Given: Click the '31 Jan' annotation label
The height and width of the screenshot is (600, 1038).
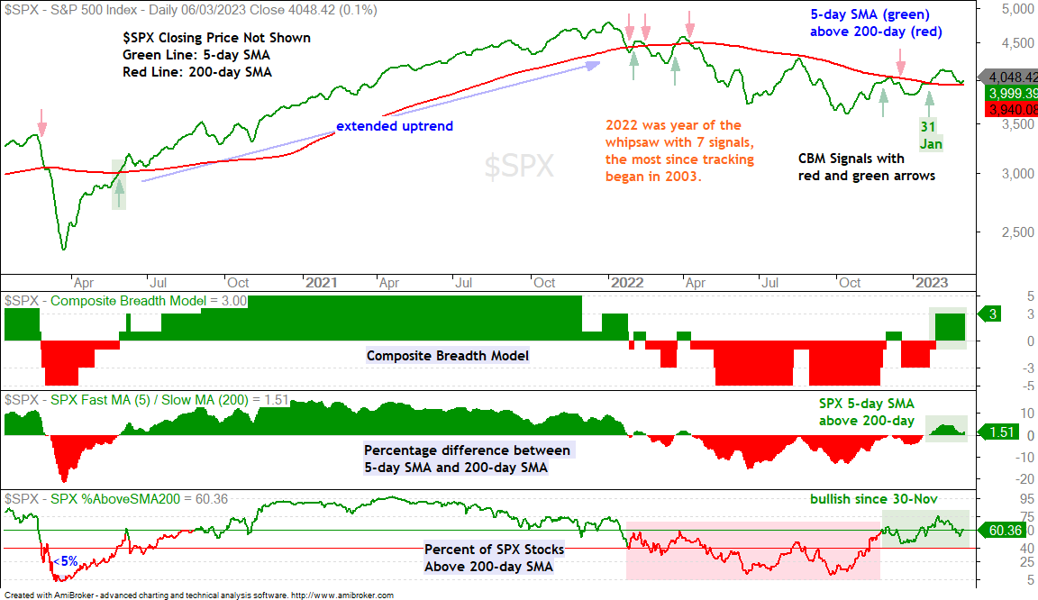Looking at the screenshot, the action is (x=930, y=135).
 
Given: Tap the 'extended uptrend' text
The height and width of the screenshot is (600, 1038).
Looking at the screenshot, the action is (x=395, y=126).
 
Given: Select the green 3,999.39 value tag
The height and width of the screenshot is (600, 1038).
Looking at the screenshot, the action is (x=1013, y=94).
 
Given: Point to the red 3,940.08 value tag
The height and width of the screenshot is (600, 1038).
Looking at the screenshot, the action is (x=1013, y=109).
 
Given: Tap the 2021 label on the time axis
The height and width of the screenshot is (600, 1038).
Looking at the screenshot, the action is (x=322, y=283).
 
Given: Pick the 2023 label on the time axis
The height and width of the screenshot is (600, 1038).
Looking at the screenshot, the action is (x=932, y=283).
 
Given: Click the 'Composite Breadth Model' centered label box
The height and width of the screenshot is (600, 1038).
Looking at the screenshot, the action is (x=448, y=356).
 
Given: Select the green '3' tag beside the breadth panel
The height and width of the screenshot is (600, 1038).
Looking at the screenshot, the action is (x=992, y=314).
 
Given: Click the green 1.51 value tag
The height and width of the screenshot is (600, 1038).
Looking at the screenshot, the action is (x=999, y=432).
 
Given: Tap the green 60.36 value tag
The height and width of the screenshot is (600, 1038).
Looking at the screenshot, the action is (x=1003, y=531).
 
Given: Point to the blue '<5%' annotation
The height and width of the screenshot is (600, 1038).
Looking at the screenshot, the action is (x=66, y=561).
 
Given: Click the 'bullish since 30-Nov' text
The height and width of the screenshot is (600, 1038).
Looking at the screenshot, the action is (x=874, y=499).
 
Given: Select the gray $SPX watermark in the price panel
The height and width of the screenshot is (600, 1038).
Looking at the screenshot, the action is (x=519, y=166).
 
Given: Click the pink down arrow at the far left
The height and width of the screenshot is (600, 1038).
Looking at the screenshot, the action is (x=41, y=123).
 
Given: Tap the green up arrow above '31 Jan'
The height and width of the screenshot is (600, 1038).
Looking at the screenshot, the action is (x=930, y=104).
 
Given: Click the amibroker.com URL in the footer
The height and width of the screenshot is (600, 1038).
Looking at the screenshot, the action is (x=342, y=595).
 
